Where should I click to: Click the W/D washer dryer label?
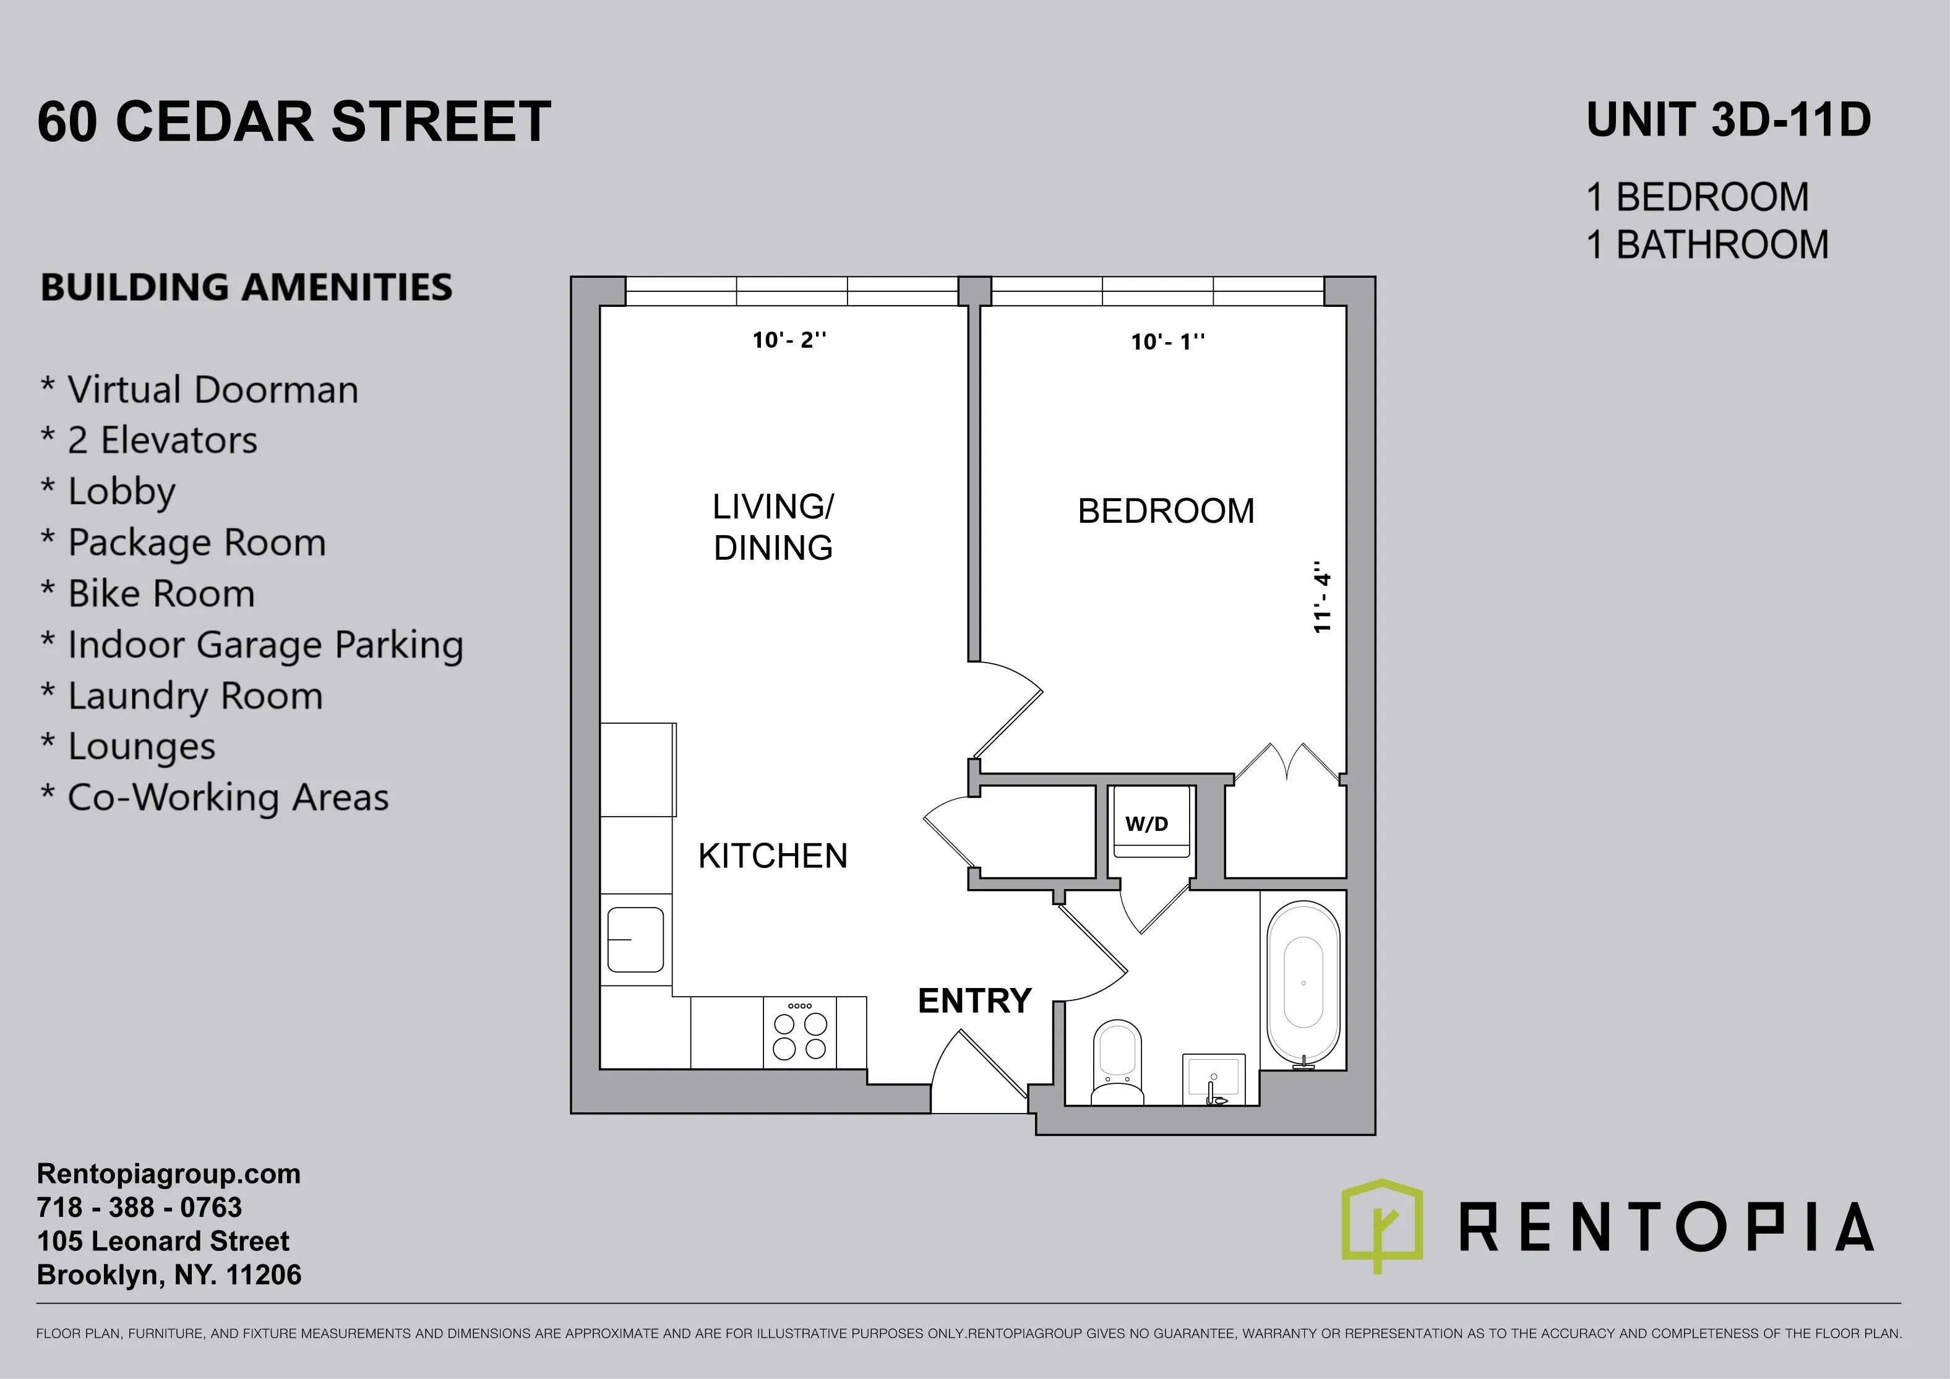[1146, 823]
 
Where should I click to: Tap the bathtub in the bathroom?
[1303, 982]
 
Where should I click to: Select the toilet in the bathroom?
[1116, 1063]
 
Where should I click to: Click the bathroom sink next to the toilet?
[1214, 1079]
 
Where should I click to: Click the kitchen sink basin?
[635, 939]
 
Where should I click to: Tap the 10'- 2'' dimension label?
[789, 340]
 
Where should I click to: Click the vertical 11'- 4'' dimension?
[1321, 597]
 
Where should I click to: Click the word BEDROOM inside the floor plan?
[1166, 511]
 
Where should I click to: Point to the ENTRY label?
[974, 1001]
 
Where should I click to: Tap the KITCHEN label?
[773, 856]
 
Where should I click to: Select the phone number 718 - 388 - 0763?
[139, 1208]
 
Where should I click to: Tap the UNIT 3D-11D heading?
[1729, 120]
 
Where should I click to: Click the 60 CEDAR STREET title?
[294, 121]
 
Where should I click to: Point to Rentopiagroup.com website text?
[168, 1174]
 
